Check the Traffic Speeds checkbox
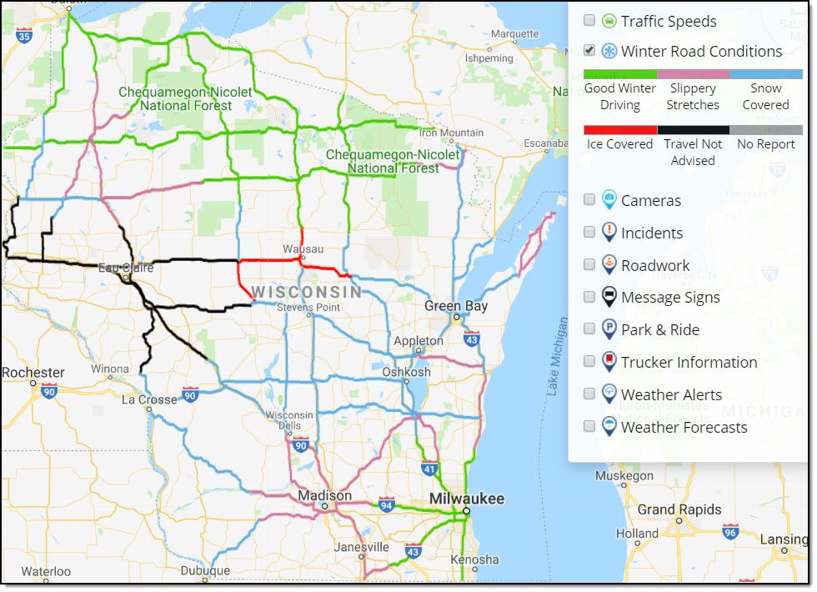(589, 21)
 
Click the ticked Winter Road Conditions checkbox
(589, 51)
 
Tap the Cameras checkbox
(589, 200)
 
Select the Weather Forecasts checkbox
(589, 427)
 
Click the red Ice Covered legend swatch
(620, 130)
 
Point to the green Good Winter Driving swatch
(620, 74)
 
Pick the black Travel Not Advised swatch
(693, 130)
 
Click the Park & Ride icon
(609, 329)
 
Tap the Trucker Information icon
(609, 362)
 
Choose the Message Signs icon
(609, 297)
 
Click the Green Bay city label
(456, 306)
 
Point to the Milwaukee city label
(466, 499)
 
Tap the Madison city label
(325, 495)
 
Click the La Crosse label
(149, 399)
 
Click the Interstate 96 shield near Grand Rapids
(730, 531)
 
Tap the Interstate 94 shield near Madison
(386, 505)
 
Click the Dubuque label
(205, 571)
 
